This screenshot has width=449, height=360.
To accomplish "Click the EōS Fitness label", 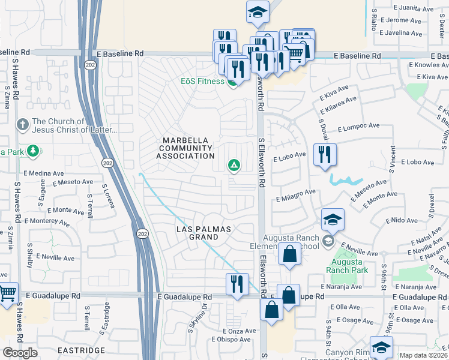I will click(203, 81).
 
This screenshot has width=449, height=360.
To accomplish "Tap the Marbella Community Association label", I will click(188, 148).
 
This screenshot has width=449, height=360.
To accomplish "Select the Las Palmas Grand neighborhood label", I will click(204, 233).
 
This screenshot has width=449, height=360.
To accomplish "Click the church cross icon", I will click(23, 125).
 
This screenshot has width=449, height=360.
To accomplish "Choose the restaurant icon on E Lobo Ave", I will click(325, 154).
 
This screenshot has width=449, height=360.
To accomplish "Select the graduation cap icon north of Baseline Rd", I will click(258, 12).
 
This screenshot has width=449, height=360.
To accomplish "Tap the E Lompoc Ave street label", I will click(358, 128).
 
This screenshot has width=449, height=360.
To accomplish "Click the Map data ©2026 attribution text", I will click(423, 355).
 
